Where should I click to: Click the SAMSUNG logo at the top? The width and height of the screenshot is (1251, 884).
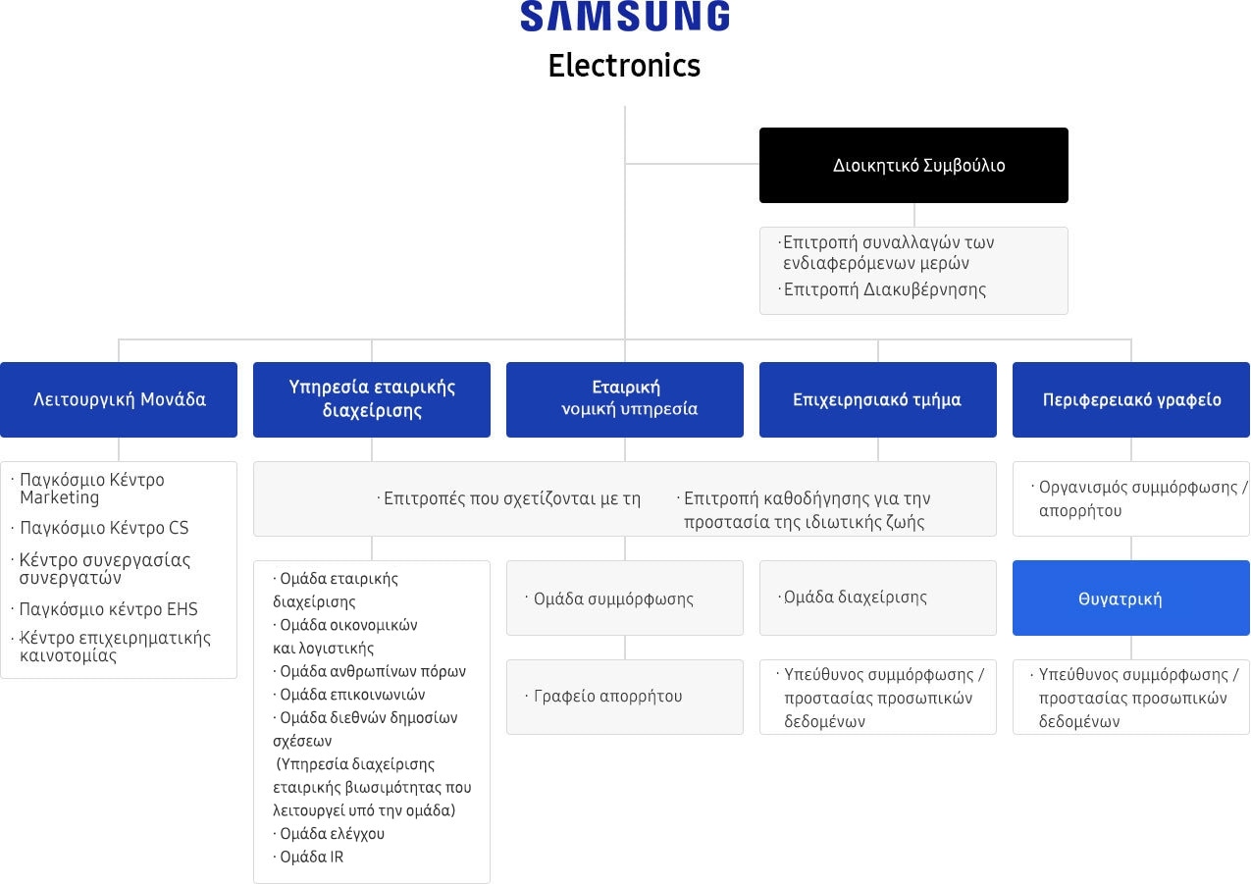pyautogui.click(x=625, y=16)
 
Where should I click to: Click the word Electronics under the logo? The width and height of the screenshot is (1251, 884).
pyautogui.click(x=624, y=66)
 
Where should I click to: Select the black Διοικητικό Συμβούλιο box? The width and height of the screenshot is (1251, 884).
pyautogui.click(x=913, y=165)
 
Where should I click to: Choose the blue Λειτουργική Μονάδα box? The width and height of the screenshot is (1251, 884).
pyautogui.click(x=119, y=400)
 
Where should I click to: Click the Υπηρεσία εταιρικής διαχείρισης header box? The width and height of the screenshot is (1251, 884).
pyautogui.click(x=372, y=400)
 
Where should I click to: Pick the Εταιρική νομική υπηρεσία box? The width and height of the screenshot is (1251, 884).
pyautogui.click(x=625, y=400)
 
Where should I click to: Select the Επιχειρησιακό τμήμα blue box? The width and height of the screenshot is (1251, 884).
pyautogui.click(x=878, y=400)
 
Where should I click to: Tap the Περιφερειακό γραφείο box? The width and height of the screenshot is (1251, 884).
pyautogui.click(x=1131, y=400)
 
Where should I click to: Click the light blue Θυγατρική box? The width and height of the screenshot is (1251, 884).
pyautogui.click(x=1131, y=598)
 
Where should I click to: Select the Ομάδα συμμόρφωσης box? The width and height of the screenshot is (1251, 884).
pyautogui.click(x=625, y=598)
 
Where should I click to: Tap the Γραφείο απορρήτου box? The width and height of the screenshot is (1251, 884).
pyautogui.click(x=625, y=697)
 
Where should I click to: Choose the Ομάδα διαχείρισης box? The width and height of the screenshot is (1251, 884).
pyautogui.click(x=878, y=598)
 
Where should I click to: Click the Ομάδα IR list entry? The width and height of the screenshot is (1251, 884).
pyautogui.click(x=308, y=857)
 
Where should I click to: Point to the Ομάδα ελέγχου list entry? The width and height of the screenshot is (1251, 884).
pyautogui.click(x=329, y=834)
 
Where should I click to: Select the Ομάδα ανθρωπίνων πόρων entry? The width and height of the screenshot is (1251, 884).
pyautogui.click(x=369, y=671)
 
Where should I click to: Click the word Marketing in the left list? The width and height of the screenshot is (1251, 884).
pyautogui.click(x=59, y=497)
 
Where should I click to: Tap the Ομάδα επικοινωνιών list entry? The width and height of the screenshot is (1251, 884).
pyautogui.click(x=349, y=694)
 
